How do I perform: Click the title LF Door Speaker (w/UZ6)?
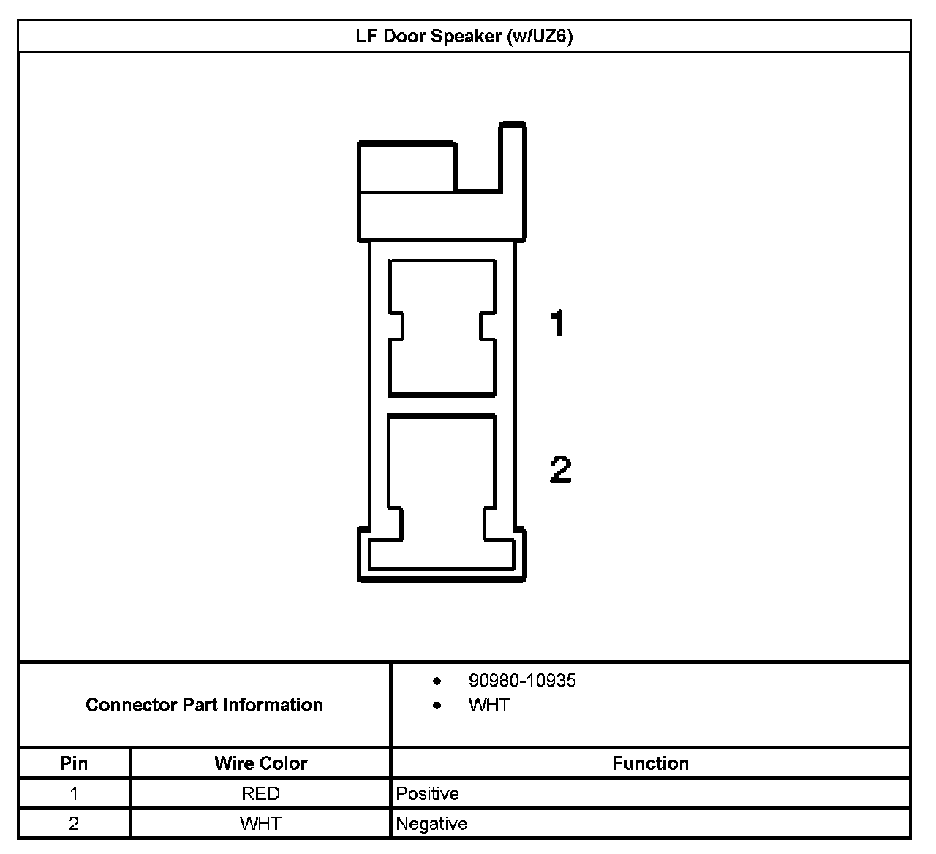coord(464,37)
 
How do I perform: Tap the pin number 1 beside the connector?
coord(558,322)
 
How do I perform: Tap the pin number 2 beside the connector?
coord(560,469)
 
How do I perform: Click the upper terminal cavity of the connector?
coord(442,328)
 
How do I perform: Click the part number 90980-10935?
coord(522,681)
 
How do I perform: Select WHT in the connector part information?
coord(489,705)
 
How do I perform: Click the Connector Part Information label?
coord(204,705)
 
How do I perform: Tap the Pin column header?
coord(74,763)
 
